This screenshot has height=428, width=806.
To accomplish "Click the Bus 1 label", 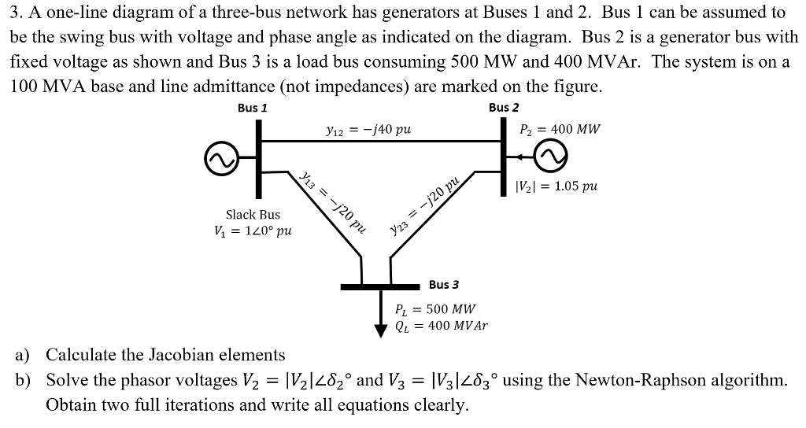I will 252,108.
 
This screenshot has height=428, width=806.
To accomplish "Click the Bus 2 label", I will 504,108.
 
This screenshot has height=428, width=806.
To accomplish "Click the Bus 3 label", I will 444,284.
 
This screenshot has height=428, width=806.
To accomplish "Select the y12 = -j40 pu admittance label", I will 367,128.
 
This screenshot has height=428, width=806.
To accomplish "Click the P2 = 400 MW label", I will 560,128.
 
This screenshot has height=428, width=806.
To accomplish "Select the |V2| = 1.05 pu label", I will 555,186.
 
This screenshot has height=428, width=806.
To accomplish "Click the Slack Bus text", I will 253,214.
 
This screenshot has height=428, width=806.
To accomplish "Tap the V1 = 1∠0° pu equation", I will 253,231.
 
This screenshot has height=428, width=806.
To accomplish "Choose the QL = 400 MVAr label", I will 441,325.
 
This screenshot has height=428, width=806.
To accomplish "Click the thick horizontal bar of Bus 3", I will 380,287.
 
